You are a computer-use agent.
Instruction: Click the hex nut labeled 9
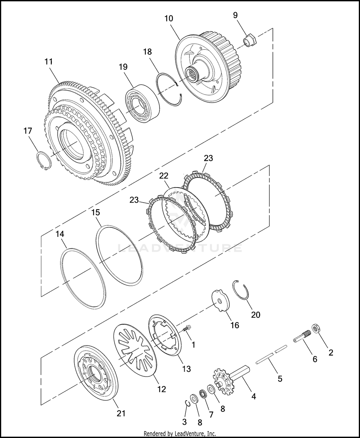click(x=250, y=41)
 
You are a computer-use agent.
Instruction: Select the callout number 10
click(x=168, y=18)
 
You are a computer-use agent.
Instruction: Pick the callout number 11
click(x=49, y=62)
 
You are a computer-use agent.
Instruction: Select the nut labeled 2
click(x=316, y=328)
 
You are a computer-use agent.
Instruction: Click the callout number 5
click(x=280, y=379)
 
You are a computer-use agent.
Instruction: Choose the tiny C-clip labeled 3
click(x=187, y=403)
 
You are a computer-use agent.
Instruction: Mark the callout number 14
click(x=60, y=234)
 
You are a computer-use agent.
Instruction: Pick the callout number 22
click(x=164, y=176)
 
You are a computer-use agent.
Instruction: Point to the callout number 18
click(x=147, y=52)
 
